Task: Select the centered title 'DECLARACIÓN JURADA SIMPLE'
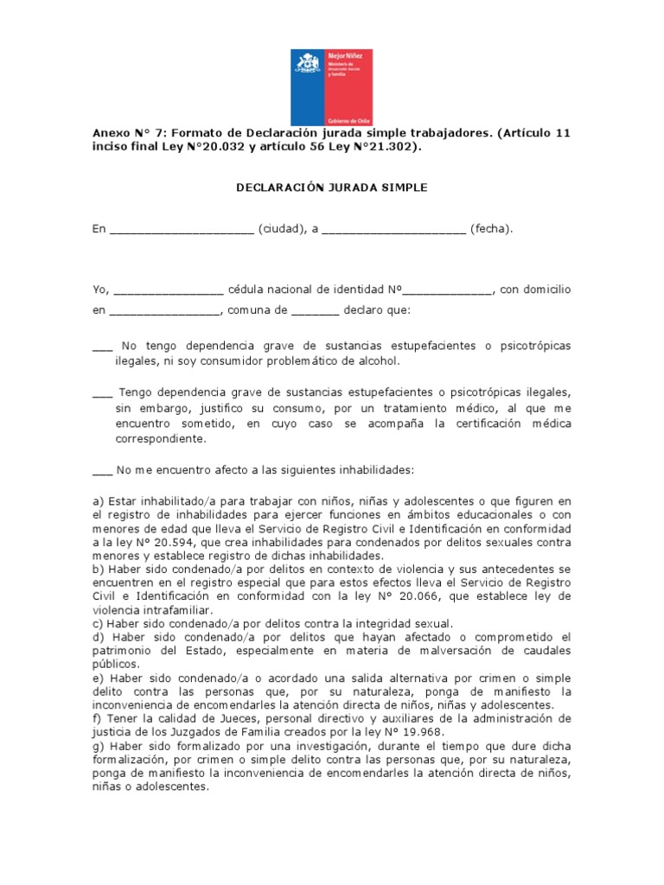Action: point(333,188)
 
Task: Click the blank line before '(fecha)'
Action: point(393,230)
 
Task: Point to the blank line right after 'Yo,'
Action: point(168,289)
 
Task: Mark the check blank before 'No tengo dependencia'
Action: point(101,347)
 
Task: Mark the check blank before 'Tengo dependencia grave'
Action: point(101,392)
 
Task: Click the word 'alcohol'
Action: point(380,361)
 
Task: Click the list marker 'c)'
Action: point(98,623)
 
